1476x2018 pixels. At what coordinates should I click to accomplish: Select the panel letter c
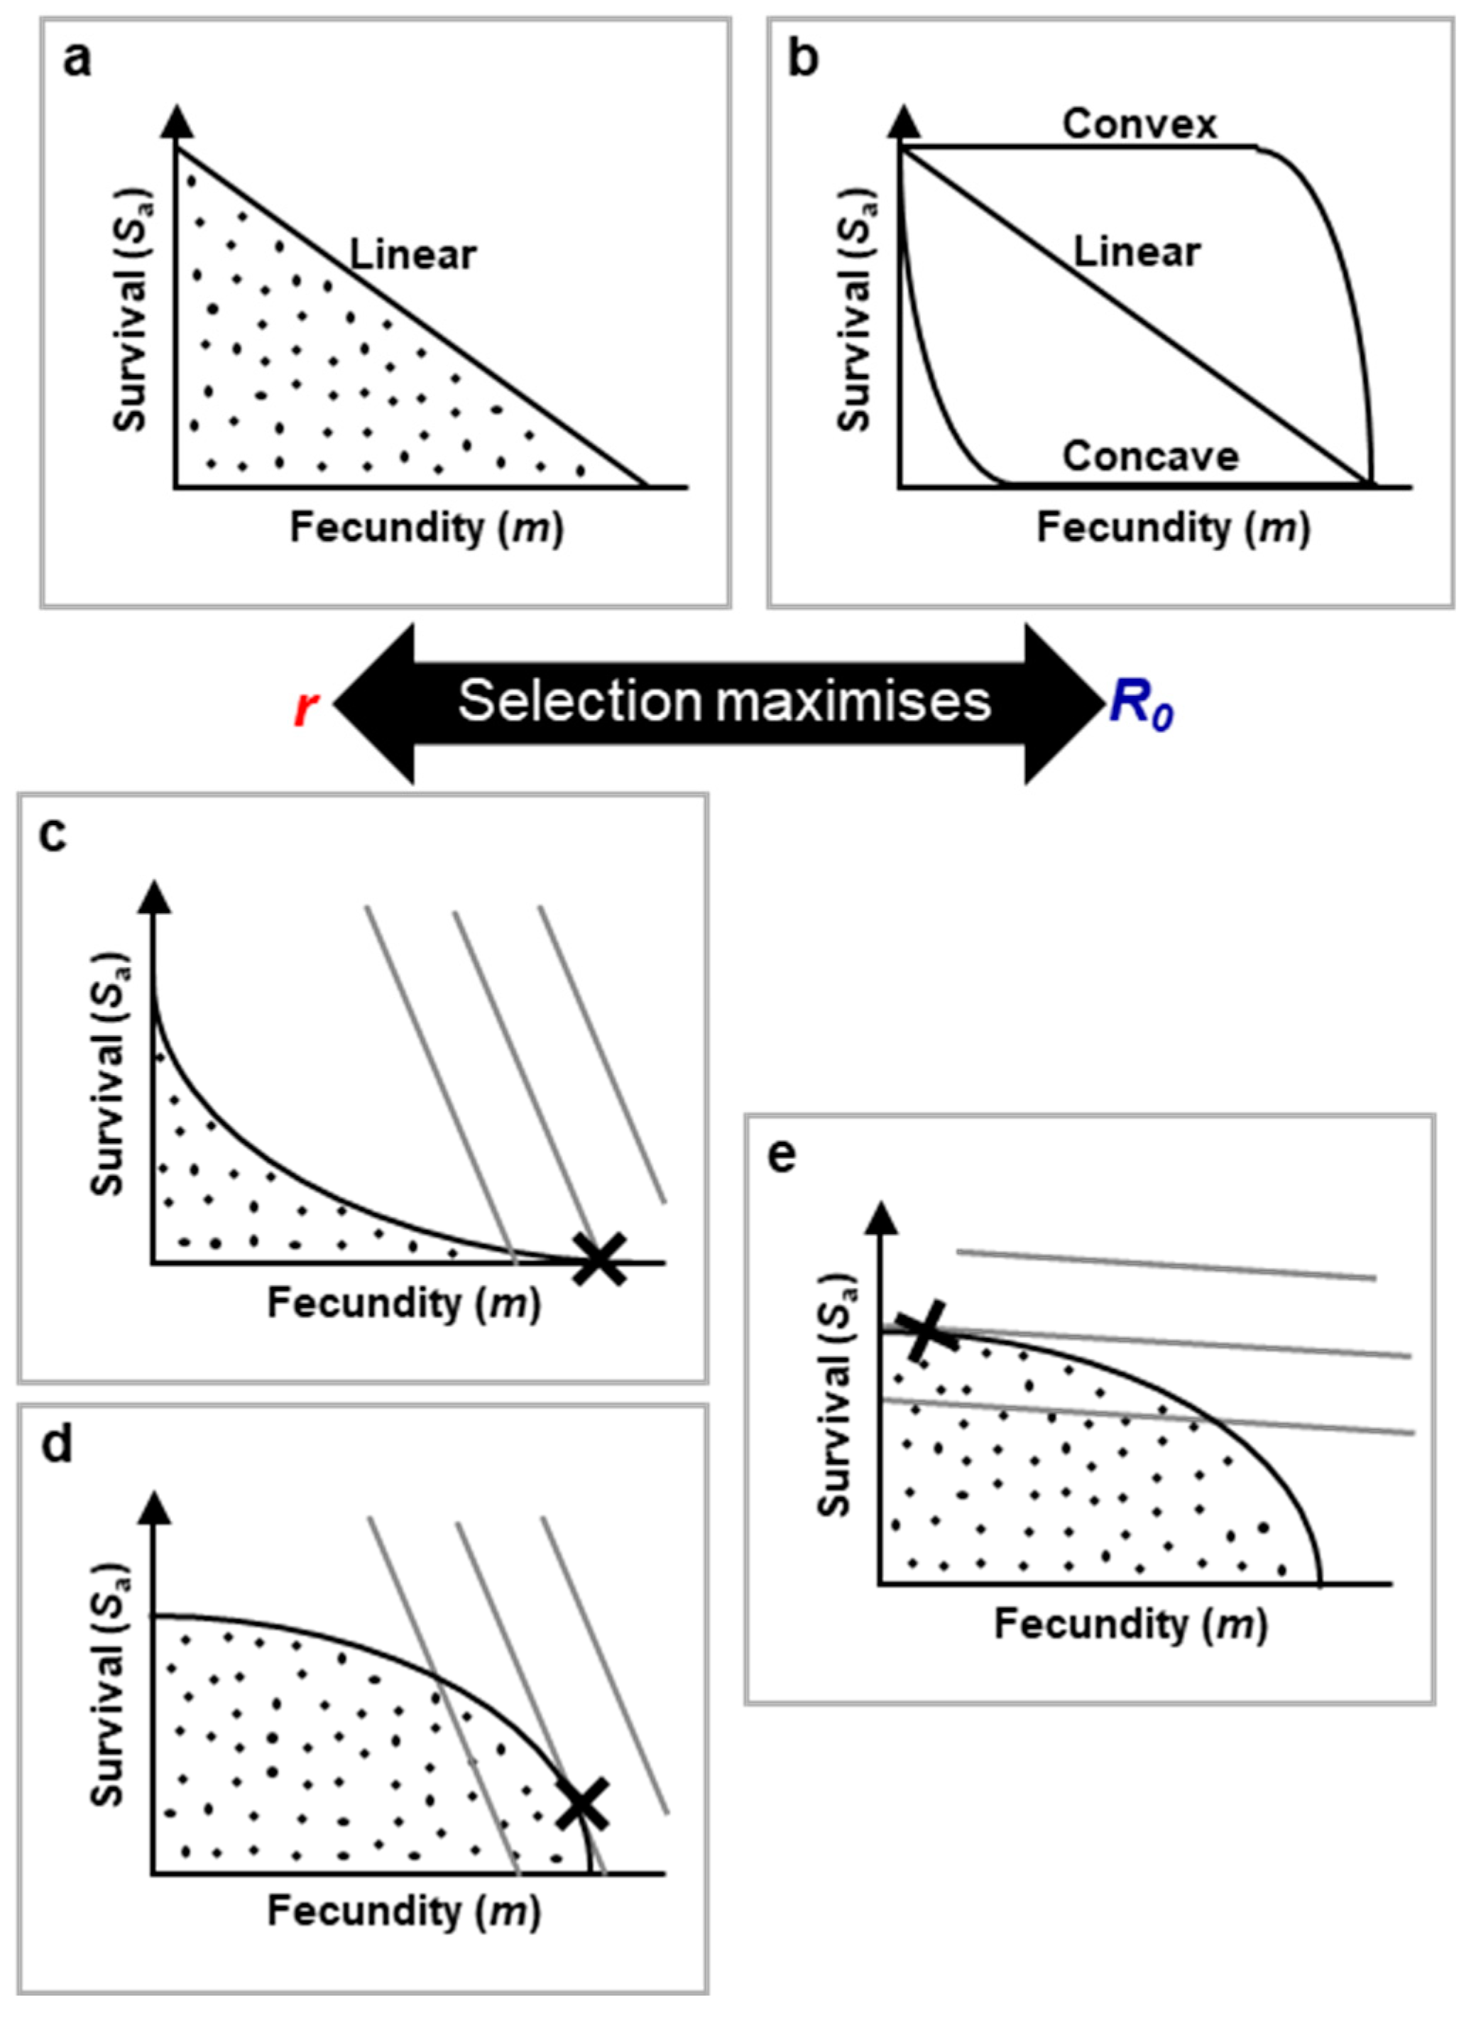tap(54, 836)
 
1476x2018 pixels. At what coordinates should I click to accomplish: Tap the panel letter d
tap(56, 1446)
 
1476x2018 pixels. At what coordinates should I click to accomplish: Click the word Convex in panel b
tap(1139, 124)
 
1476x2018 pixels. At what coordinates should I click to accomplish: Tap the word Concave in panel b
tap(1150, 457)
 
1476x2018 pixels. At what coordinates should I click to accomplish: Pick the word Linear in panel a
tap(412, 256)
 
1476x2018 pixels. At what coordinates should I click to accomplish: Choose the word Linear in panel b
tap(1137, 252)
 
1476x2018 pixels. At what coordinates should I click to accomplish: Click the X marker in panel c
tap(599, 1259)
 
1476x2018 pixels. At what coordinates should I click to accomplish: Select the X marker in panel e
tap(926, 1331)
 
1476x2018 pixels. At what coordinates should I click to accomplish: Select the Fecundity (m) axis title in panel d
tap(404, 1911)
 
